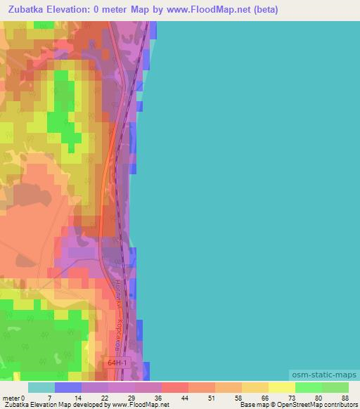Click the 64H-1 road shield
click(x=119, y=363)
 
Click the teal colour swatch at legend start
click(x=41, y=387)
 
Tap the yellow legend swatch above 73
click(x=281, y=387)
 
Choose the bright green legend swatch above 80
click(x=308, y=387)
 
